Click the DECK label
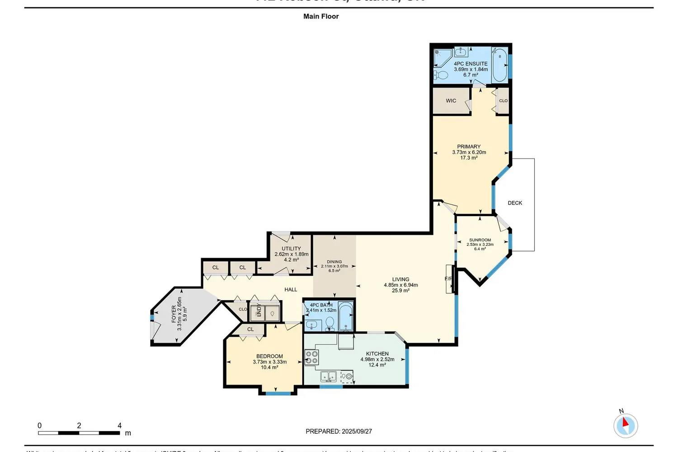click(515, 203)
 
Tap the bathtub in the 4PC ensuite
click(499, 66)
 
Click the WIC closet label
click(451, 101)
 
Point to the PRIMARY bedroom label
click(469, 146)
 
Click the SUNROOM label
click(480, 240)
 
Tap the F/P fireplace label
click(448, 279)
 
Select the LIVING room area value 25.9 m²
click(400, 291)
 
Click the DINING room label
click(334, 262)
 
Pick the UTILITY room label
click(291, 249)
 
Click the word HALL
click(291, 290)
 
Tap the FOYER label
click(174, 314)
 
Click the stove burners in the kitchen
click(312, 357)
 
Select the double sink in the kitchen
click(329, 376)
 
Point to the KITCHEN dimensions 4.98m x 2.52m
click(377, 359)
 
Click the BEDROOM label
click(269, 356)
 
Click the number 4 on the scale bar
click(119, 425)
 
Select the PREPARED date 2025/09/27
click(357, 431)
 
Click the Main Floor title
click(321, 16)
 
